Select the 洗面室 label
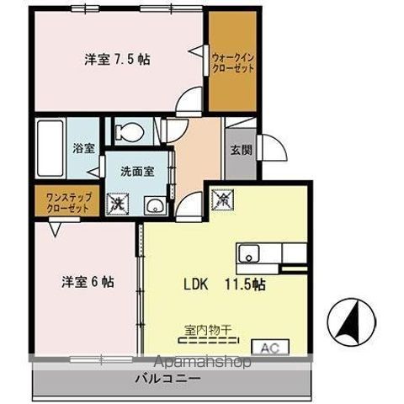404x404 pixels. point(136,169)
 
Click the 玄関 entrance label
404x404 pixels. point(240,151)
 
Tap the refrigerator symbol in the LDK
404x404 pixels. point(221,201)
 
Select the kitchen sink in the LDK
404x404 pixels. point(251,252)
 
